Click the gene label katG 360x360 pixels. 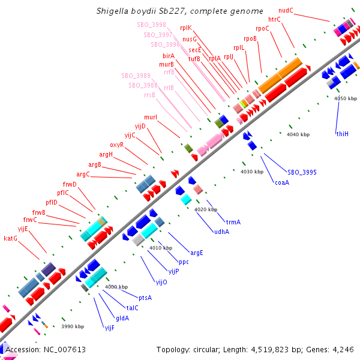click(x=11, y=238)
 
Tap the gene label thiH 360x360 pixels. click(x=342, y=134)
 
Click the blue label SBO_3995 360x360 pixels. click(x=302, y=172)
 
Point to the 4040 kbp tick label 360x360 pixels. click(x=297, y=134)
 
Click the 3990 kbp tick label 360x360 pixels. click(x=73, y=326)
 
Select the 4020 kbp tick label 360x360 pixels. click(x=205, y=209)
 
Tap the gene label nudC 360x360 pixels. click(x=286, y=10)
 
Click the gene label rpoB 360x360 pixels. click(x=250, y=38)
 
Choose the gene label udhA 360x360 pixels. click(x=221, y=232)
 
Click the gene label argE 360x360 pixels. click(x=196, y=253)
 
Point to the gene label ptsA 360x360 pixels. click(x=145, y=298)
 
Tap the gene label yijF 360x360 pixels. click(x=109, y=328)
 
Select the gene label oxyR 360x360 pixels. click(x=116, y=145)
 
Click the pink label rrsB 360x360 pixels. click(x=149, y=94)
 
